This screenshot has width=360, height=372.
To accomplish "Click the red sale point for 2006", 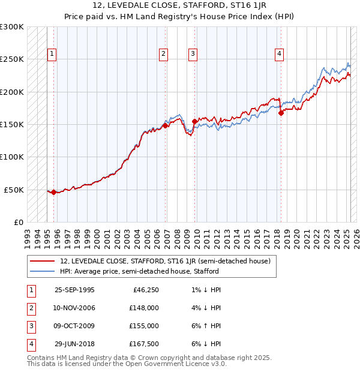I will click(x=166, y=126).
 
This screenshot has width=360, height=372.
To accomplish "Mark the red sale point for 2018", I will click(x=281, y=113).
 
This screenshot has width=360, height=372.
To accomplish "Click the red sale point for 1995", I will click(x=54, y=192).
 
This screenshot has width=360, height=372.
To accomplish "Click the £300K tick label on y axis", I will click(x=12, y=27).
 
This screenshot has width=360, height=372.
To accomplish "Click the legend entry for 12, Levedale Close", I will click(x=165, y=261).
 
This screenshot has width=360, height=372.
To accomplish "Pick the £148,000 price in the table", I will click(x=143, y=308).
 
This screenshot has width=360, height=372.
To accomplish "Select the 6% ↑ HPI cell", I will click(x=207, y=326).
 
